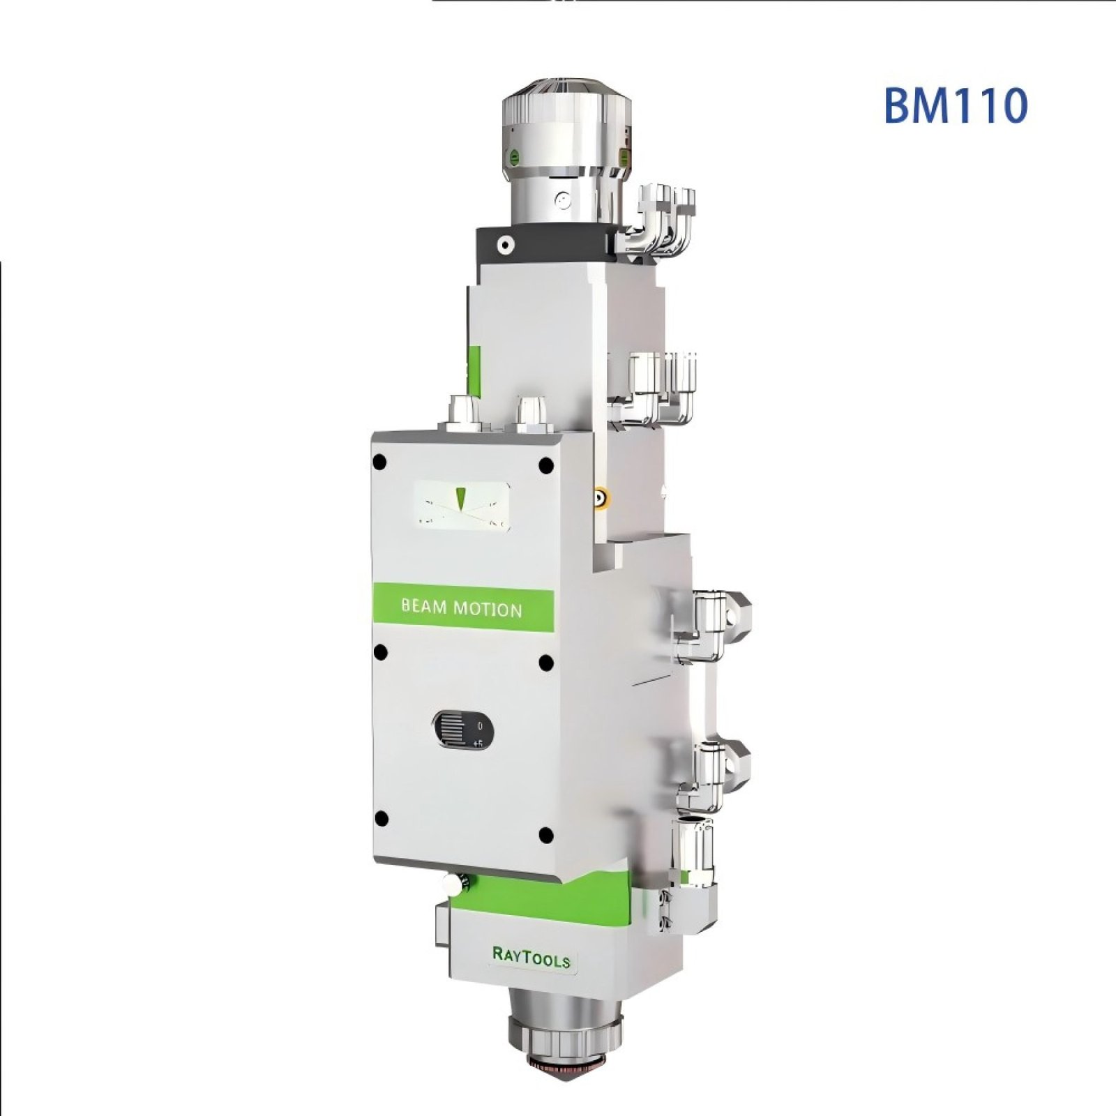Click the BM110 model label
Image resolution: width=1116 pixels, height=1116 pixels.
(955, 105)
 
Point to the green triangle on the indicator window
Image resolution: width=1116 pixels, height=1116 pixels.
(460, 498)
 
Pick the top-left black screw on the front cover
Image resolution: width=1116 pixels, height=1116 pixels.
(379, 462)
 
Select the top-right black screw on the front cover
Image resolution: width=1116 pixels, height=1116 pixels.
(545, 465)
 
